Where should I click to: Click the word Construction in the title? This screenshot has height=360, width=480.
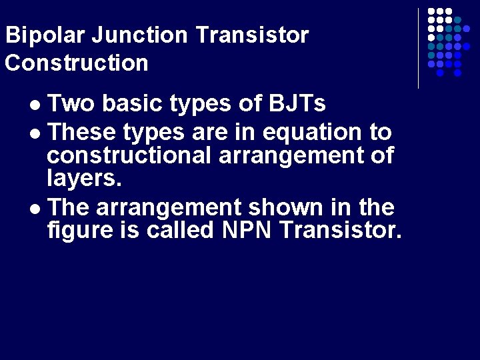77,63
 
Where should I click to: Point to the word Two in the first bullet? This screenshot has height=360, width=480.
71,104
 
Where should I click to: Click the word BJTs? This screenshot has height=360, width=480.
297,104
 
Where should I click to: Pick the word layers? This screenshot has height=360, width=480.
84,178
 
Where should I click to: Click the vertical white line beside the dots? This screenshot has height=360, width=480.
418,48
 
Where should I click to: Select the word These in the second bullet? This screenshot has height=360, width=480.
83,132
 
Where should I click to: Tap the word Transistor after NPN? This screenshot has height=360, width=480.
341,231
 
